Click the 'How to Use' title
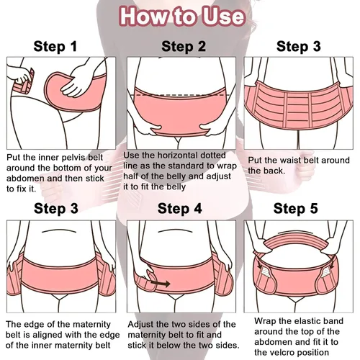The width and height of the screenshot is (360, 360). [182, 17]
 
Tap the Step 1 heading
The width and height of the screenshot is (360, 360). [55, 46]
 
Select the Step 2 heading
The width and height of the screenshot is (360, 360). [184, 46]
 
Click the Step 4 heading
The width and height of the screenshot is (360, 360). [180, 208]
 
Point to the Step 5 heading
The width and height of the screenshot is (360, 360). [296, 208]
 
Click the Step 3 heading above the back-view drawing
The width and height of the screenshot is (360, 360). [299, 46]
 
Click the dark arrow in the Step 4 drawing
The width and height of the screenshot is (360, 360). [161, 284]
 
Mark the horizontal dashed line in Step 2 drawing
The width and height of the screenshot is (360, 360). [181, 95]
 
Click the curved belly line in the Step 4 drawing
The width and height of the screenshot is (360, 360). [175, 230]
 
